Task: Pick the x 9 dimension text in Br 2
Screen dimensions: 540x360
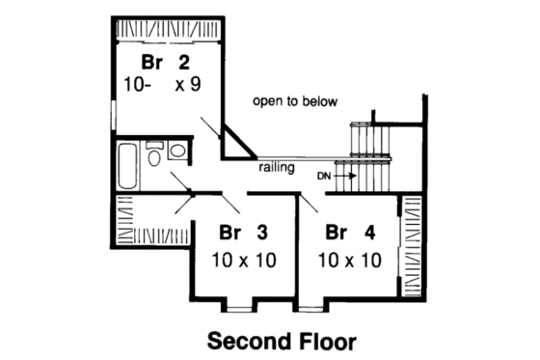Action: pyautogui.click(x=187, y=84)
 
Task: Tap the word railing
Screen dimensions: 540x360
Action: pyautogui.click(x=277, y=167)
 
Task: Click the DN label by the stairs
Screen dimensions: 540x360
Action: pyautogui.click(x=323, y=176)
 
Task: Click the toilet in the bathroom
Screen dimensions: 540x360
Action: pyautogui.click(x=154, y=154)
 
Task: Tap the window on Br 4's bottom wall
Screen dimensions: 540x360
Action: pyautogui.click(x=310, y=308)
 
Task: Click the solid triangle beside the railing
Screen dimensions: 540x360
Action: pyautogui.click(x=233, y=143)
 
